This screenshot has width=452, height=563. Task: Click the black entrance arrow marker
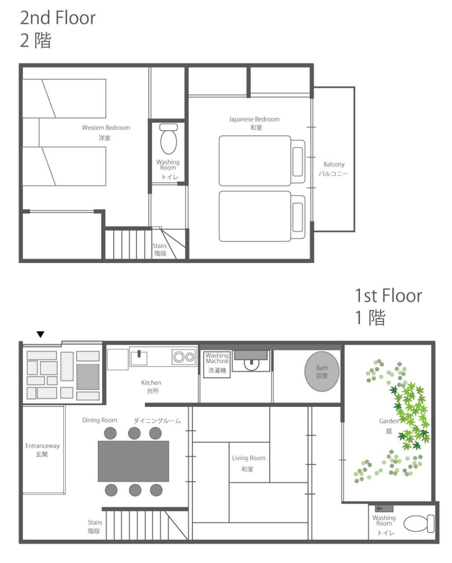tap(41, 334)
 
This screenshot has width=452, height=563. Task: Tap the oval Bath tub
tap(322, 372)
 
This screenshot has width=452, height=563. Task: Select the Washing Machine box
tap(217, 365)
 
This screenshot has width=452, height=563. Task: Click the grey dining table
tap(133, 461)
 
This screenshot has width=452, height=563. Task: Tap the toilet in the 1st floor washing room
tap(419, 523)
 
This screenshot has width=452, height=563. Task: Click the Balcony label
tap(334, 165)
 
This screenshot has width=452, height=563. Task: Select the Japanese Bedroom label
tap(254, 119)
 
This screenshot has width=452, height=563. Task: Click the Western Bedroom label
tap(106, 128)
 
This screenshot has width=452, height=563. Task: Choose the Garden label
tap(389, 421)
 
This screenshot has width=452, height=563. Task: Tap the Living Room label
tap(248, 458)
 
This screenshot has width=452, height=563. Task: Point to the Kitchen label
tap(151, 383)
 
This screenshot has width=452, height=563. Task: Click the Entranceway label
tap(42, 446)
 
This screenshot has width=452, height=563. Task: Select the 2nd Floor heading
tap(58, 18)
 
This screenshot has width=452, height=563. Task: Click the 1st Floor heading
tap(389, 296)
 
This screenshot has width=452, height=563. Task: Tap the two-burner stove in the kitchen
tap(184, 357)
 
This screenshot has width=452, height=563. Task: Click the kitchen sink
tap(139, 358)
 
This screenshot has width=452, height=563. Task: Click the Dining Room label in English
tap(100, 420)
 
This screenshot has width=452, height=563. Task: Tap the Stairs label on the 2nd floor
tap(159, 246)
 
